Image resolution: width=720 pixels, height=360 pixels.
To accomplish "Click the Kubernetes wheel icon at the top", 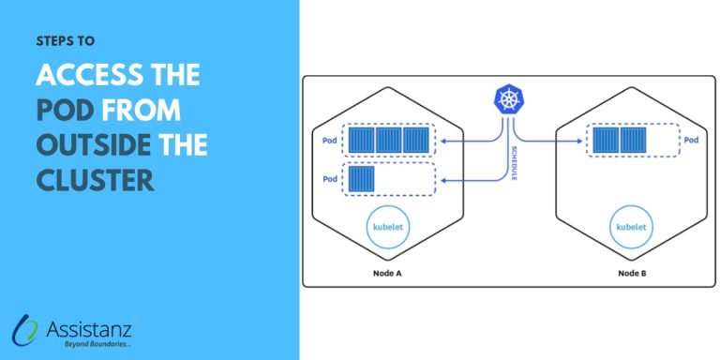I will [509, 100].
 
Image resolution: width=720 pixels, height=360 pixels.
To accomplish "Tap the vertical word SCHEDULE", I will [515, 163].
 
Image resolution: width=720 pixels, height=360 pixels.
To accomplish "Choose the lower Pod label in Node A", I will [330, 178].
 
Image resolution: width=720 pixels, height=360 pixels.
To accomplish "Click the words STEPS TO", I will [65, 41].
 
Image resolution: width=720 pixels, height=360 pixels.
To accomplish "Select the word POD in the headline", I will [66, 111].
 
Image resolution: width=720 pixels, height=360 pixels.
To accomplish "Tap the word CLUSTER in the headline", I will [95, 179].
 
